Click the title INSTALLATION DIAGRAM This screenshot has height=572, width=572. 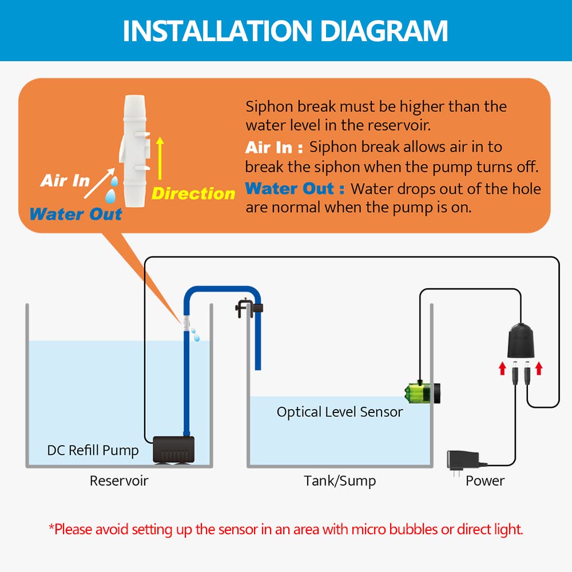point(285,31)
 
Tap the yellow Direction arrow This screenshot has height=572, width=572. point(160,158)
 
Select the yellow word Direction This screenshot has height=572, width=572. point(193,193)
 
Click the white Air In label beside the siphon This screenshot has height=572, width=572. point(65,181)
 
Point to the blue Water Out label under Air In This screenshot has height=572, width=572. point(76,214)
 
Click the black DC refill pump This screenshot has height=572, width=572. point(173,450)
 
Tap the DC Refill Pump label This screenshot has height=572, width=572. point(93,450)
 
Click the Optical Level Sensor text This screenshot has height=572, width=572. point(340,412)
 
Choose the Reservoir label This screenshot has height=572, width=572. point(119,481)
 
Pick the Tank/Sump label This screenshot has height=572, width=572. point(340,481)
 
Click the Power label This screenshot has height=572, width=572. point(485,481)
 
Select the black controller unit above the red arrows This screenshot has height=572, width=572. point(521,340)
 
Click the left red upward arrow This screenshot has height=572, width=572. point(503,368)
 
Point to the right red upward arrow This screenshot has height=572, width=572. point(539,368)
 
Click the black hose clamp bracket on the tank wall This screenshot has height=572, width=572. point(249,308)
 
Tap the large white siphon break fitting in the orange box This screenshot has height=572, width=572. point(135,151)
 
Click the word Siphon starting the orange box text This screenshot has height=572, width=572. point(269,107)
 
